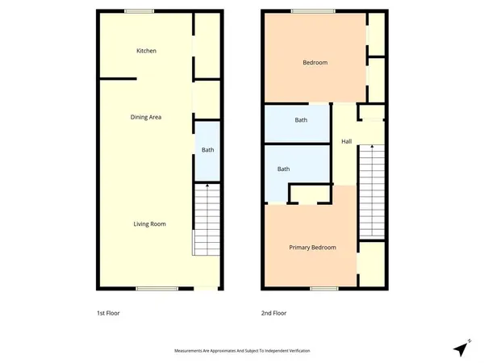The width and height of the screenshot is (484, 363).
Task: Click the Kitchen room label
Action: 146,51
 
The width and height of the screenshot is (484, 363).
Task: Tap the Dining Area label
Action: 146,118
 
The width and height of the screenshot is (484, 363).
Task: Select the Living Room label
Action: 150,223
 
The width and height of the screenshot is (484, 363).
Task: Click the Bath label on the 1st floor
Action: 207,149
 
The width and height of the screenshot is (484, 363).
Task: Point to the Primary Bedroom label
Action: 312,247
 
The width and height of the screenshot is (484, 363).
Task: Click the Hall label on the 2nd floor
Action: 347,142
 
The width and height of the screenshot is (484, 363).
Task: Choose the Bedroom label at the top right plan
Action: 315,62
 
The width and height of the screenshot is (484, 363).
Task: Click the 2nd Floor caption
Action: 274,313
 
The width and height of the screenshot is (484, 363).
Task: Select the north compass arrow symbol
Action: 461,348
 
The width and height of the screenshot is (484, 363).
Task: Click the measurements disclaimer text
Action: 243,351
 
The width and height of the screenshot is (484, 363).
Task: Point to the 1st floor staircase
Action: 207,222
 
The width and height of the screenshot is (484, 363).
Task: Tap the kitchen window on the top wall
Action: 139,11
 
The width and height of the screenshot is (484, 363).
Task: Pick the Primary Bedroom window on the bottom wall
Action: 323,288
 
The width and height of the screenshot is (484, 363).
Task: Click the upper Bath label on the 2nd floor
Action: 301,120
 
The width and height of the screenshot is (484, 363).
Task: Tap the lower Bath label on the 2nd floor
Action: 284,169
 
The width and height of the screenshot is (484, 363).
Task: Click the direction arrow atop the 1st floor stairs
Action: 207,187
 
